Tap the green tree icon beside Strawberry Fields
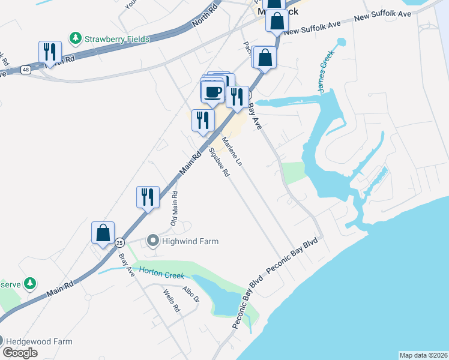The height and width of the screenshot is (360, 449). tap(76, 39)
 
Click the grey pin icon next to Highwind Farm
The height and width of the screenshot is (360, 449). tap(152, 241)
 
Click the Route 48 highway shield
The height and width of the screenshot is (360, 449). tap(25, 70)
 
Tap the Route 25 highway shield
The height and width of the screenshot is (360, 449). tap(120, 242)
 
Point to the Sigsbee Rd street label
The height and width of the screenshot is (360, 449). tap(219, 162)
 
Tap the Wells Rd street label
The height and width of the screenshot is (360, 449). tap(171, 301)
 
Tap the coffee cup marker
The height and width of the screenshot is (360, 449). tap(212, 91)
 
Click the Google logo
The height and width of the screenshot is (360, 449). tap(20, 353)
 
